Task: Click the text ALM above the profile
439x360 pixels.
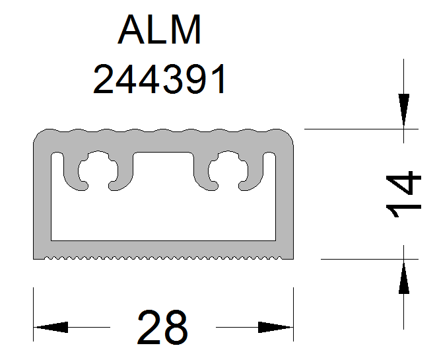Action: (x=160, y=30)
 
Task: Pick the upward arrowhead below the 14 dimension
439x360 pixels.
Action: (x=404, y=276)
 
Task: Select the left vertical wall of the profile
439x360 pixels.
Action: (x=40, y=198)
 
